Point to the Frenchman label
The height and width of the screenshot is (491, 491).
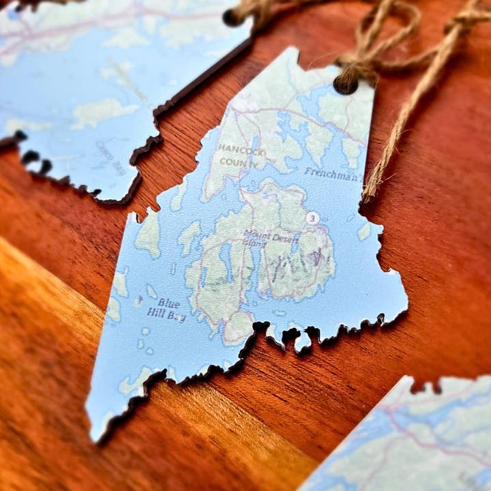[x=331, y=175]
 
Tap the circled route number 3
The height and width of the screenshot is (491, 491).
[x=312, y=218]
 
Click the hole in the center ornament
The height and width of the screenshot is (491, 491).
[x=346, y=85]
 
